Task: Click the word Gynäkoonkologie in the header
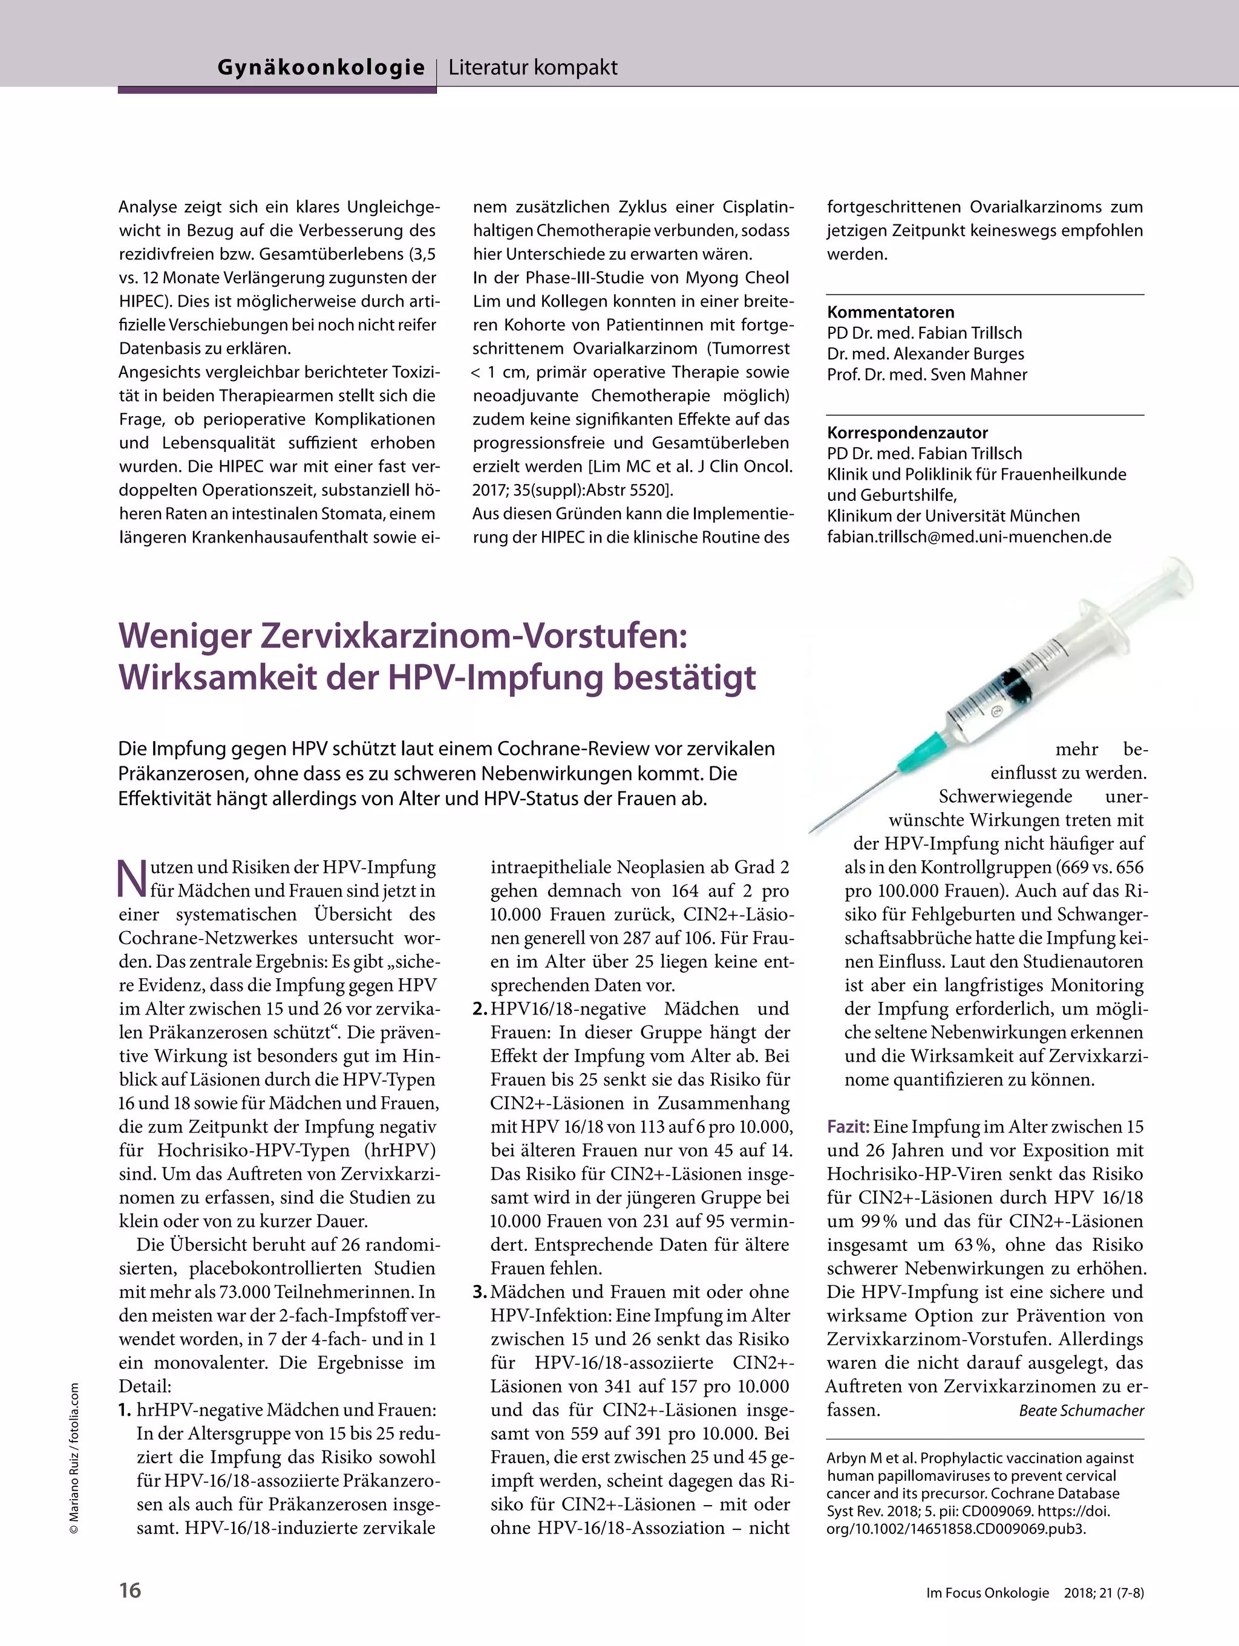pyautogui.click(x=321, y=68)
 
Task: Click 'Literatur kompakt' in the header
pyautogui.click(x=533, y=68)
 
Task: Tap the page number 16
pyautogui.click(x=129, y=1590)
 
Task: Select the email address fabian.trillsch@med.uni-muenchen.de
pyautogui.click(x=969, y=537)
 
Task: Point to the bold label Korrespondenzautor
pyautogui.click(x=907, y=433)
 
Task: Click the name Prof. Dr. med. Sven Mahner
pyautogui.click(x=926, y=375)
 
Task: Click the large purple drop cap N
pyautogui.click(x=132, y=879)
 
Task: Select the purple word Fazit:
pyautogui.click(x=848, y=1126)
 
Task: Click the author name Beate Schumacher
pyautogui.click(x=1080, y=1411)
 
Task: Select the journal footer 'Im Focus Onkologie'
pyautogui.click(x=987, y=1593)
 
